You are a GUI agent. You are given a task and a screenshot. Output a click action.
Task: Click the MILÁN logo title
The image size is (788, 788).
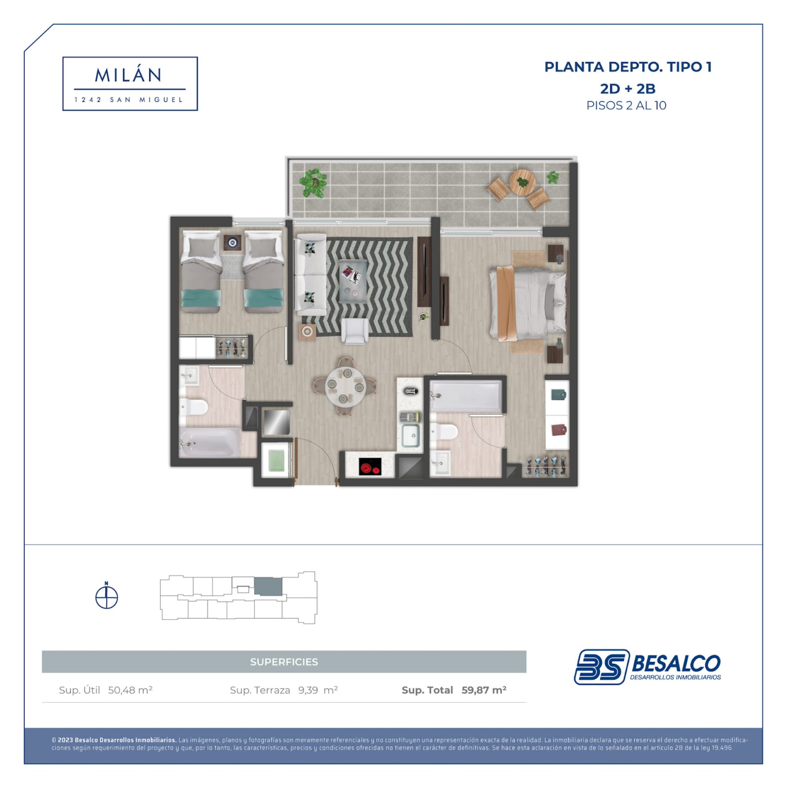(128, 75)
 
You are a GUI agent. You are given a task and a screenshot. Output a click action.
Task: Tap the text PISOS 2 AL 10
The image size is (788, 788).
(626, 105)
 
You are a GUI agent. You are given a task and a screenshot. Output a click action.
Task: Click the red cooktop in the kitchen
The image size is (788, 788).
(370, 466)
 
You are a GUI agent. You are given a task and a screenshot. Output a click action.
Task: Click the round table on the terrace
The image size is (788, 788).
(522, 182)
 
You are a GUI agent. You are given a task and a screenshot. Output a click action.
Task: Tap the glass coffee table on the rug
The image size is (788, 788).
(353, 280)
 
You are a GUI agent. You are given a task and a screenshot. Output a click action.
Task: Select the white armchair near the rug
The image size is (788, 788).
(355, 330)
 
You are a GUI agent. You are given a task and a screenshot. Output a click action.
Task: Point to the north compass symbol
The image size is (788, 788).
(106, 596)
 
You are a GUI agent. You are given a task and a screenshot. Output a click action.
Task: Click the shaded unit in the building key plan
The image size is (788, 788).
(268, 587)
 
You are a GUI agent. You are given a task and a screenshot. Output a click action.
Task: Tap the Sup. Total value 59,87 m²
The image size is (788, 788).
(484, 690)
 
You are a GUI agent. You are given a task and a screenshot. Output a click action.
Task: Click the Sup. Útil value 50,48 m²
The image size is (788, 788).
(130, 690)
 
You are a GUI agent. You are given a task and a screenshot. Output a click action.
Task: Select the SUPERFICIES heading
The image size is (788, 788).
(284, 662)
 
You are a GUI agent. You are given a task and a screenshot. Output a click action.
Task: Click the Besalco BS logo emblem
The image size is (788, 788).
(602, 667)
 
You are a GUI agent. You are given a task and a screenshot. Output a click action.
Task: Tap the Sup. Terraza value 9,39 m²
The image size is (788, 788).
(318, 690)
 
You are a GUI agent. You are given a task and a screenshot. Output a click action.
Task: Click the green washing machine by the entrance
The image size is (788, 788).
(276, 461)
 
